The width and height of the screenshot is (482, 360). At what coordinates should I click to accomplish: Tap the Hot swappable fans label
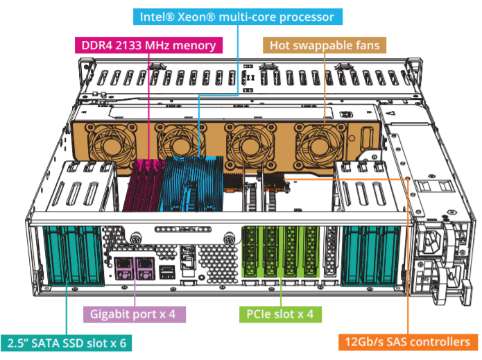[324, 45]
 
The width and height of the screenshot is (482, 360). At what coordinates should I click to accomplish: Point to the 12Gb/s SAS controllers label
[408, 341]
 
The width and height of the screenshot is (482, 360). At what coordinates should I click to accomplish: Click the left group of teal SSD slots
[70, 257]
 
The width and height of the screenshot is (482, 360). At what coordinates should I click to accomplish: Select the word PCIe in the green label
[260, 314]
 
